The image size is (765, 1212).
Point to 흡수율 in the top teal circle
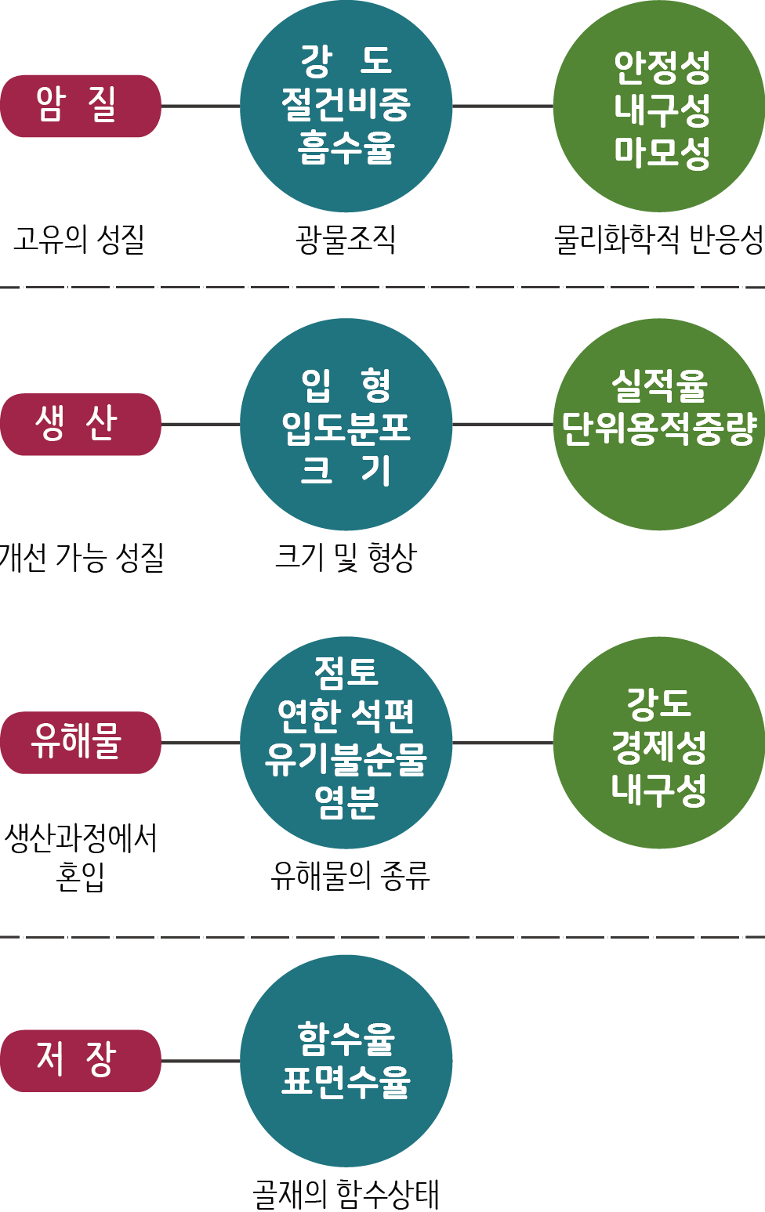(346, 147)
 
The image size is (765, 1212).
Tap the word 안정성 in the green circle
(662, 68)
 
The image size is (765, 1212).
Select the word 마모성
(662, 152)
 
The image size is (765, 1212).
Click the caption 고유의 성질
(79, 239)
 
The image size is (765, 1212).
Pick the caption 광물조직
(346, 239)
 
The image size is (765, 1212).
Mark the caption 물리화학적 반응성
(658, 239)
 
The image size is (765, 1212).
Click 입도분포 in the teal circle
(346, 428)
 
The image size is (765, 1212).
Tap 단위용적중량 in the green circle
(659, 429)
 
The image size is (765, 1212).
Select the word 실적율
(659, 385)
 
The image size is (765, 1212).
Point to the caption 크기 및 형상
(346, 557)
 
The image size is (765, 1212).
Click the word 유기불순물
(346, 758)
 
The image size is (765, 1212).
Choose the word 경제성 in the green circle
(659, 747)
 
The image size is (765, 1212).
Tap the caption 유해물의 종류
(350, 875)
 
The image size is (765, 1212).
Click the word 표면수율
(346, 1082)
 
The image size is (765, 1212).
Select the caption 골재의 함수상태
(346, 1194)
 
